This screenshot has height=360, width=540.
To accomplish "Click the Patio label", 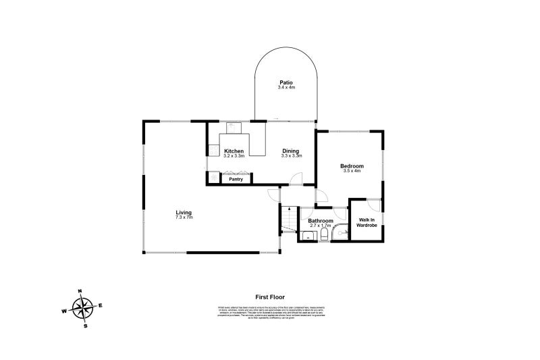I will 286,82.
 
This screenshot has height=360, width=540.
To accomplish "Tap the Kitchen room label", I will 234,151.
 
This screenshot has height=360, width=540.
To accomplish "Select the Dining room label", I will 290,151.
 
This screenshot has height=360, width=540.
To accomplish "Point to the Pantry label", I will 236,179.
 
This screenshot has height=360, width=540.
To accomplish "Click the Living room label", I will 184,213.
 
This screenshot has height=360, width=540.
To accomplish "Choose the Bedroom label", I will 352,166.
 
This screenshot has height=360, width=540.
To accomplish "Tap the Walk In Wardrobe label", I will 367,222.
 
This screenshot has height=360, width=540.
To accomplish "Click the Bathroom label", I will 321,221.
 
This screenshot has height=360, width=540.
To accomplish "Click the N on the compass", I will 80,291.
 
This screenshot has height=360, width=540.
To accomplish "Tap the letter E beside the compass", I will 101,306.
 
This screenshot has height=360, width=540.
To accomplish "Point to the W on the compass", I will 65,311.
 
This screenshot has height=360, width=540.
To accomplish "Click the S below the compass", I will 86,326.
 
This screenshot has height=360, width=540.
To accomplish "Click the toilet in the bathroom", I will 325,235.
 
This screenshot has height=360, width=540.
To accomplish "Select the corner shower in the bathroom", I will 342,234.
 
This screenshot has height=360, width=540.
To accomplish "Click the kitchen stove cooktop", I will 213,152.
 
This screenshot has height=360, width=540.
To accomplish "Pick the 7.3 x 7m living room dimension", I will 184,218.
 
